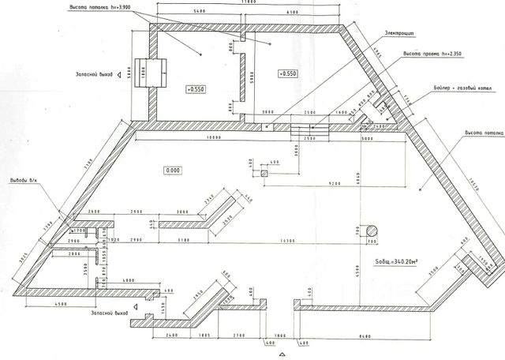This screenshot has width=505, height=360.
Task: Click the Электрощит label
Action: (x=401, y=33)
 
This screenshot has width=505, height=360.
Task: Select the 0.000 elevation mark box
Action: (x=173, y=170)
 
